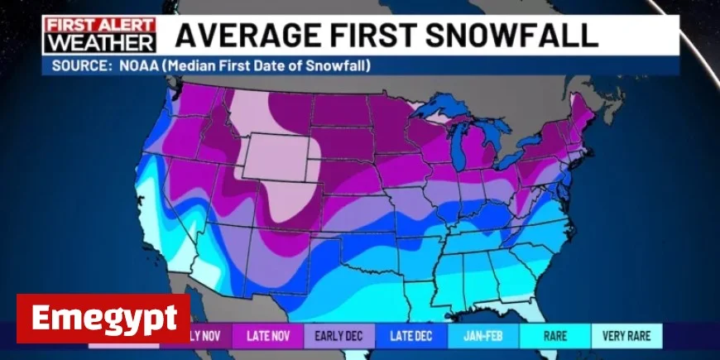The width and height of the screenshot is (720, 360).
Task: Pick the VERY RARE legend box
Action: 626,336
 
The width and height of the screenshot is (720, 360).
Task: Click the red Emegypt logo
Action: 103,318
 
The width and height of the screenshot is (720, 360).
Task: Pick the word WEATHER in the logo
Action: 100,42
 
